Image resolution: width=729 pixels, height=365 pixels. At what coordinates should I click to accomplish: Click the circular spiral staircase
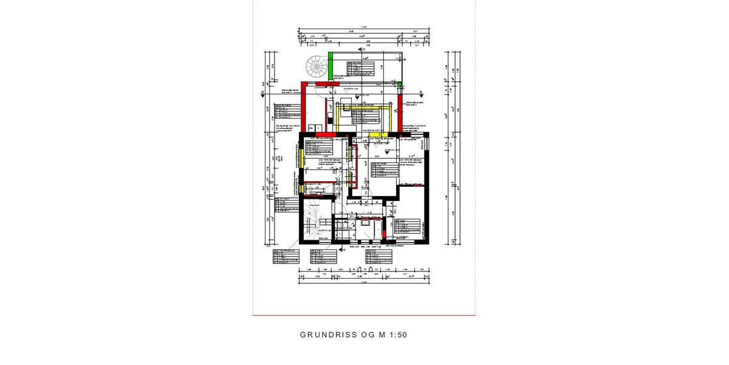click(x=317, y=66)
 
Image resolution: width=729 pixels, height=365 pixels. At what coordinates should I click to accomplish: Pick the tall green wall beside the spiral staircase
click(x=331, y=66)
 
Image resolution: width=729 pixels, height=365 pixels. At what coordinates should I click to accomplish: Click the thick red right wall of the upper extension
click(x=400, y=109)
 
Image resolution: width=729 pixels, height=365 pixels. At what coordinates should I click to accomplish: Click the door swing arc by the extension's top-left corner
click(x=318, y=92)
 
